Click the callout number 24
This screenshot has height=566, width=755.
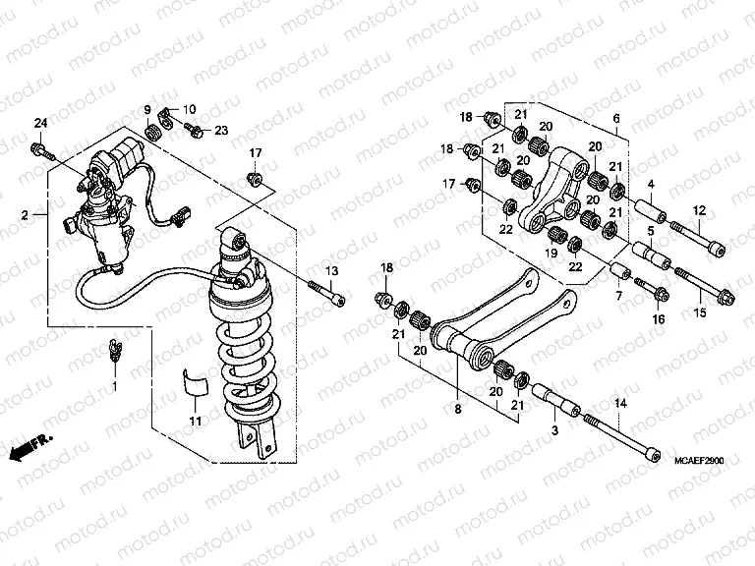(40, 123)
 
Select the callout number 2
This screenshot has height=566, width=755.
(26, 212)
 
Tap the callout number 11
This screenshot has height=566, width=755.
(195, 422)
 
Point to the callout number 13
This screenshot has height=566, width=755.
(331, 270)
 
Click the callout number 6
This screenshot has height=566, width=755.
(616, 119)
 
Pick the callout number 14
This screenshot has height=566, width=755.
(619, 404)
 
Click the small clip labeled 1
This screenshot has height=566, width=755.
(113, 349)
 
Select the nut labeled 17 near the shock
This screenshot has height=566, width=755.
(255, 178)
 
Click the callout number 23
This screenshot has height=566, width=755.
(221, 130)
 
